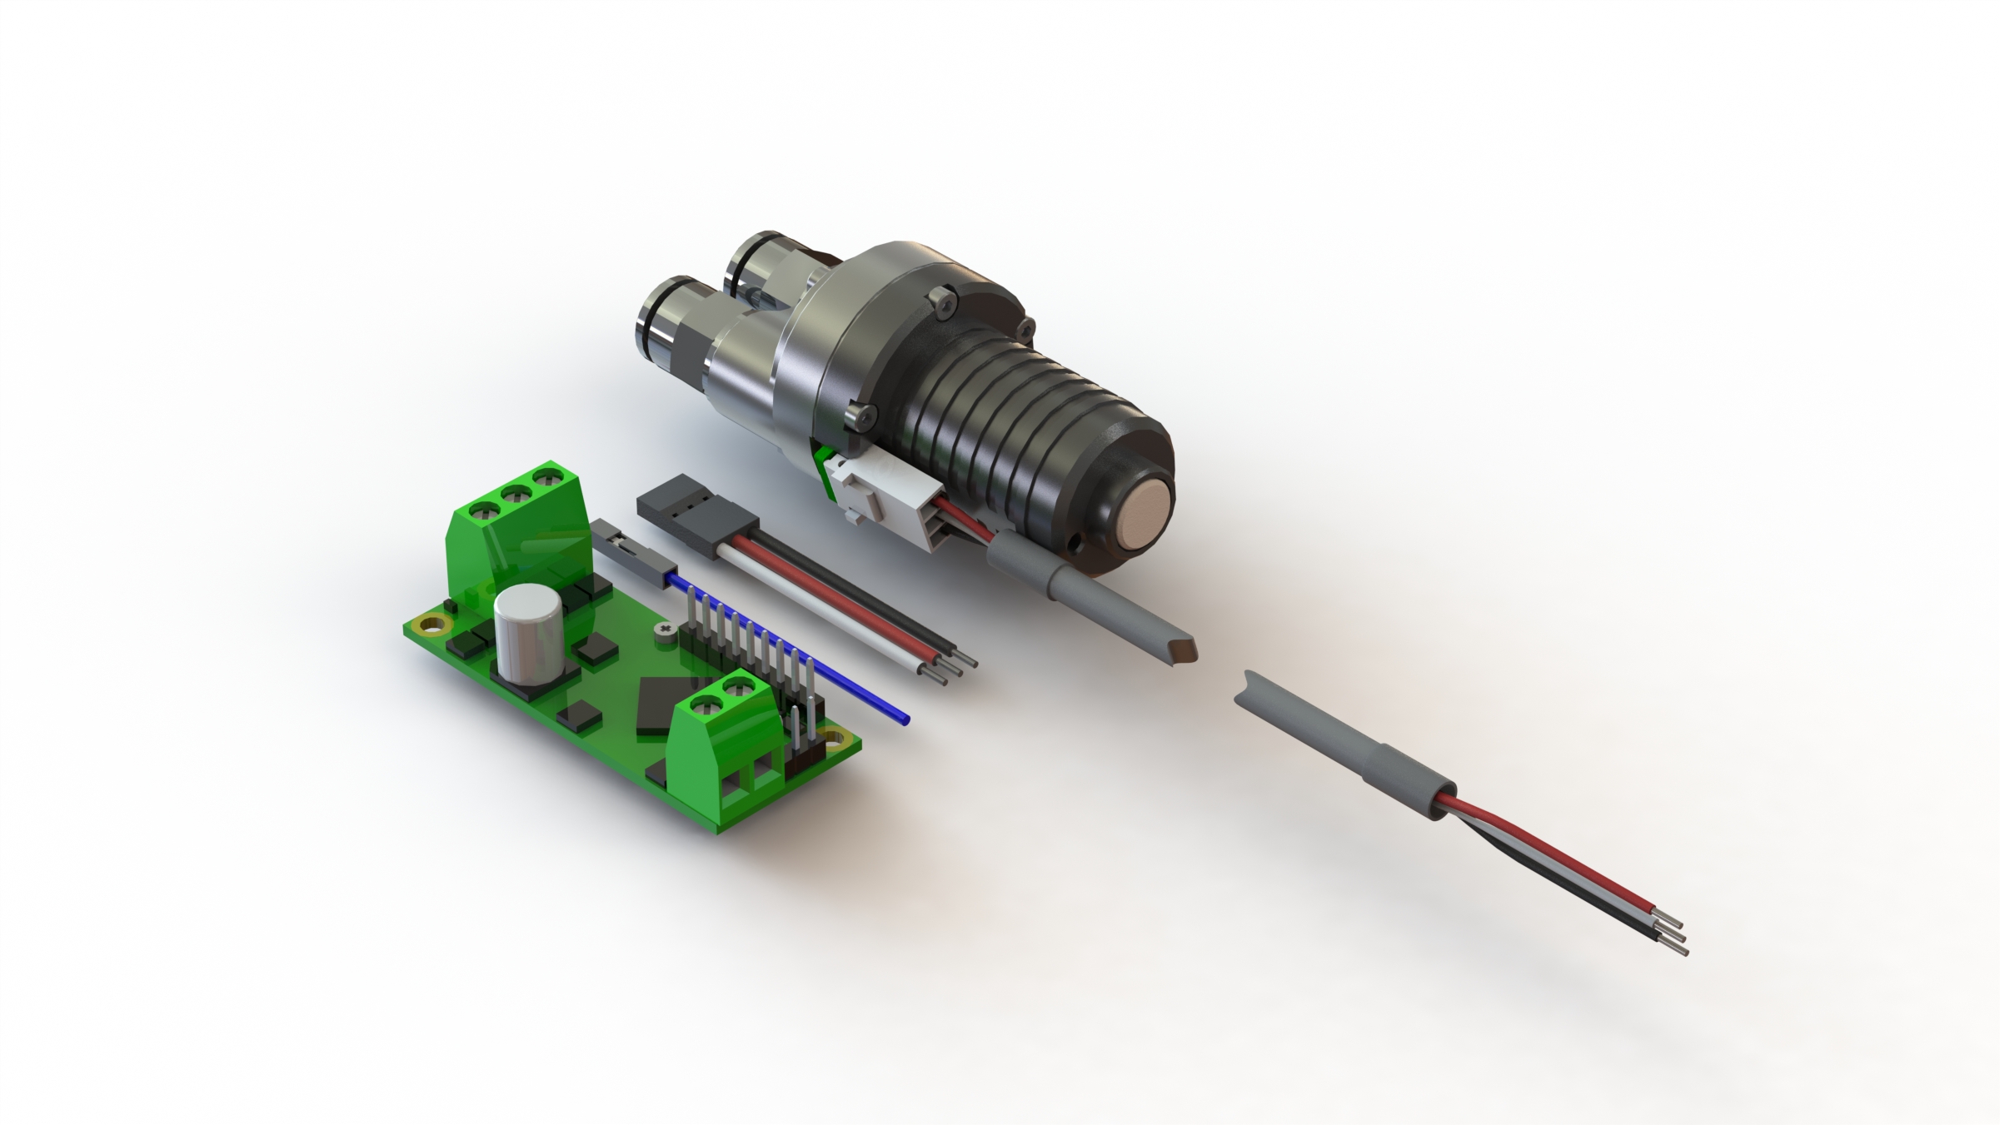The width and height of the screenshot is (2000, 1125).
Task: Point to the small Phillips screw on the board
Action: (664, 630)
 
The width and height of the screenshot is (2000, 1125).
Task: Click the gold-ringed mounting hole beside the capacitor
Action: (432, 622)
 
